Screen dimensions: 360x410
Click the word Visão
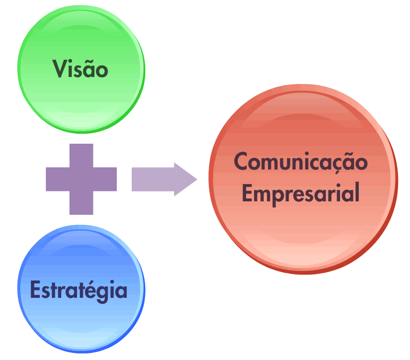pos(81,69)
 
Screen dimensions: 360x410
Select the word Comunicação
pos(301,163)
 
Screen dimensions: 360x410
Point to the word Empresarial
pos(301,193)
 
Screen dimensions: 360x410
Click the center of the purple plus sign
pos(81,179)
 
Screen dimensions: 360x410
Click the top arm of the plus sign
pos(81,155)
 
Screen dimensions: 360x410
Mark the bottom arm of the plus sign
pos(81,203)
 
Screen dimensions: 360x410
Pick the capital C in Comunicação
pos(242,162)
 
